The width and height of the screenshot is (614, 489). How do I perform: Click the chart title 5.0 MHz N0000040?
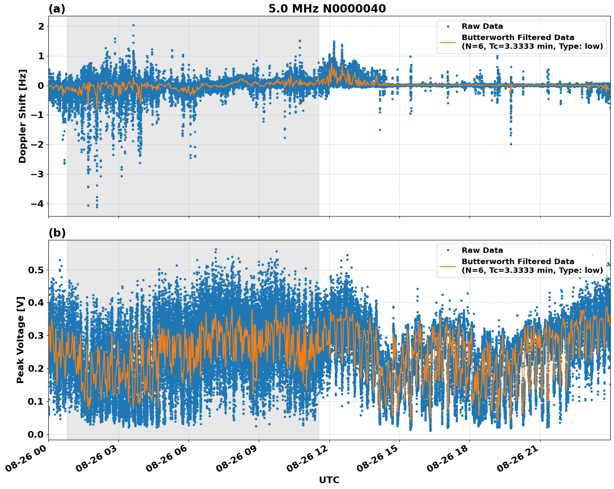(x=327, y=9)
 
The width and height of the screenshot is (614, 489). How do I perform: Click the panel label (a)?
(x=57, y=9)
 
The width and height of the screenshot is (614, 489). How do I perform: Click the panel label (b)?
(x=57, y=233)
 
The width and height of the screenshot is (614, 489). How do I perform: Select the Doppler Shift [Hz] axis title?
(x=23, y=116)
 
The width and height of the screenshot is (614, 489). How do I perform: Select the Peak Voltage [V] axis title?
(x=20, y=340)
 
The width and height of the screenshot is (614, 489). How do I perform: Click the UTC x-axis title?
(x=329, y=480)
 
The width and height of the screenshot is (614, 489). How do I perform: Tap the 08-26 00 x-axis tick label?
(x=29, y=457)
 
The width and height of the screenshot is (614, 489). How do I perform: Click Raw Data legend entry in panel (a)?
(x=482, y=26)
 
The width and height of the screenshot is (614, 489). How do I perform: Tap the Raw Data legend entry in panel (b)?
(x=482, y=250)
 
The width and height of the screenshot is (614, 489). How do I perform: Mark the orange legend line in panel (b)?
(x=448, y=266)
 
